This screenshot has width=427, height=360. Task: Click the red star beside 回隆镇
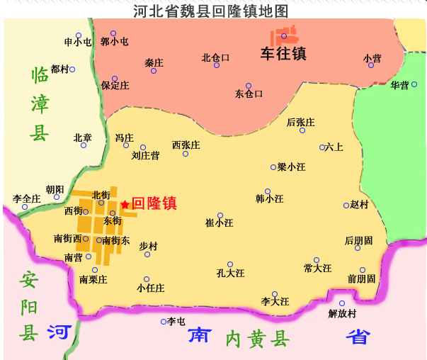(x=125, y=204)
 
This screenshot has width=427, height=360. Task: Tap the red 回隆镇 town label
(x=154, y=203)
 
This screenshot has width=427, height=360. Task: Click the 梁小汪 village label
(x=292, y=167)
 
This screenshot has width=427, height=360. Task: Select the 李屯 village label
(x=176, y=322)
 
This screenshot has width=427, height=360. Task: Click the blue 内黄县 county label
(x=258, y=339)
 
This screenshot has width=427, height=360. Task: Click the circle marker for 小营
(x=371, y=65)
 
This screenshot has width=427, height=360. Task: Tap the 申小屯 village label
(x=78, y=42)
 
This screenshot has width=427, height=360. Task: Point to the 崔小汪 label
(x=220, y=223)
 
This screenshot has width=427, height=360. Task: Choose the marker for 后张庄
(x=302, y=130)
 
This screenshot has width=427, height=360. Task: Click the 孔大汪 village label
(x=230, y=273)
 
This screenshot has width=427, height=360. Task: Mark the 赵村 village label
(x=360, y=204)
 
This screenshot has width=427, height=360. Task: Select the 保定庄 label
(x=115, y=86)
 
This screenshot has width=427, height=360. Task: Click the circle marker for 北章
(x=83, y=145)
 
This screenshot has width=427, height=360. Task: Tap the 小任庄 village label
(x=151, y=288)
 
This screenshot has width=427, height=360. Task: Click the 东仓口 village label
(x=249, y=94)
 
